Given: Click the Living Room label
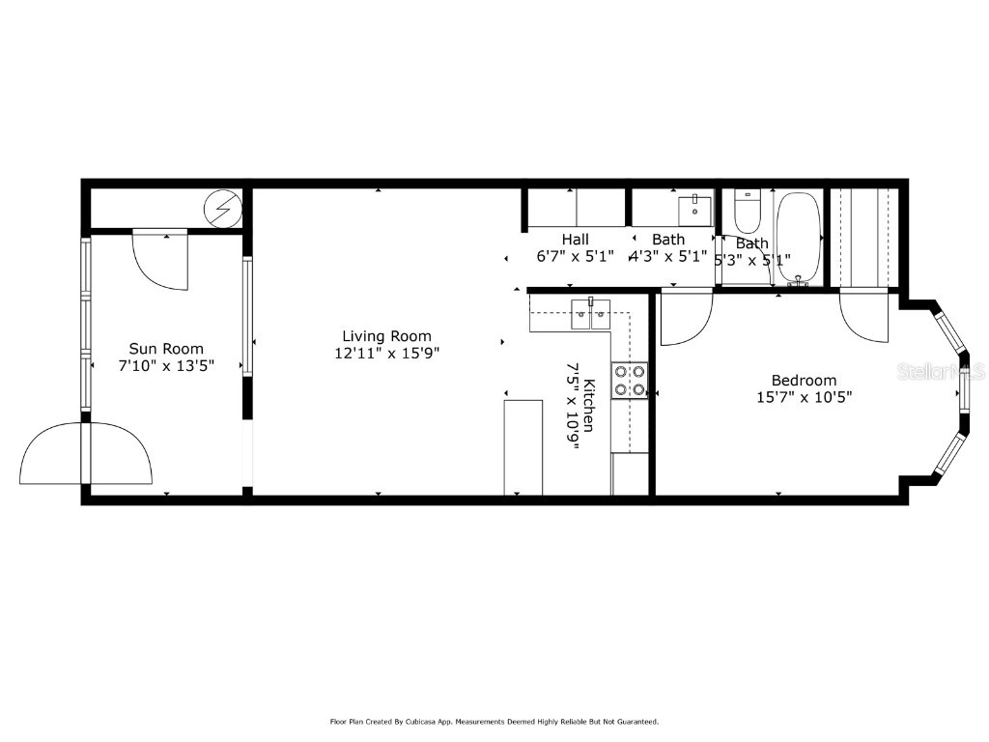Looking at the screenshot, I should [x=386, y=336].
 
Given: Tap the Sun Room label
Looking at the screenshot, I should [x=167, y=349].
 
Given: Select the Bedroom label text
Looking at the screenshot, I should [x=804, y=380].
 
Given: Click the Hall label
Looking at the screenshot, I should [x=576, y=239].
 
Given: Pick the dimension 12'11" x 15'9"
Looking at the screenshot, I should [x=386, y=354].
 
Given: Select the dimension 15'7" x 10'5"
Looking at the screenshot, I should [x=804, y=396].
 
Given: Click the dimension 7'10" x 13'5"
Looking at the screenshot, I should [x=167, y=365].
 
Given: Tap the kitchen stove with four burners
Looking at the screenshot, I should [x=629, y=381].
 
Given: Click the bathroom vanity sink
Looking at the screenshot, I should [x=694, y=210].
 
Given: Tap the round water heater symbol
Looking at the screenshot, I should [x=222, y=207].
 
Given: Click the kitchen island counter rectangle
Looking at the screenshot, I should [x=523, y=446].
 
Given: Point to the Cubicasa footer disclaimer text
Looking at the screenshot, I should [x=494, y=722].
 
